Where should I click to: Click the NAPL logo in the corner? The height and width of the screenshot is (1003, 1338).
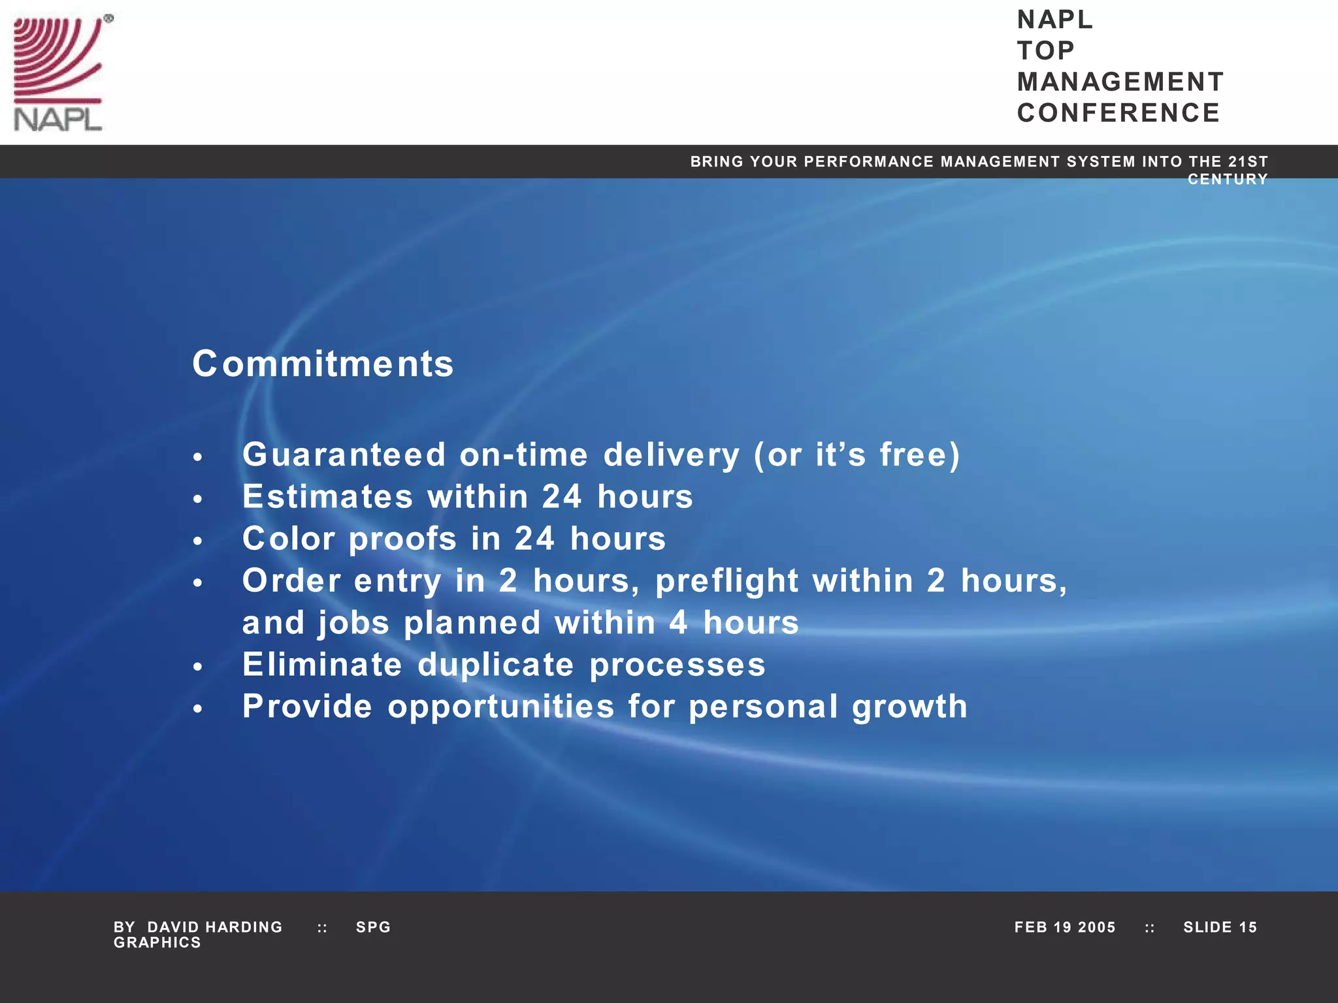tap(59, 73)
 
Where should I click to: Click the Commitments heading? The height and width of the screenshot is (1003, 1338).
tap(323, 364)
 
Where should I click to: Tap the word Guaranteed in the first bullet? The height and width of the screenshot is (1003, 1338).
tap(344, 454)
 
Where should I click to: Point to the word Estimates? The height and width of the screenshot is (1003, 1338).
tap(327, 496)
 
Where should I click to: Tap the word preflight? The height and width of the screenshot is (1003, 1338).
tap(726, 581)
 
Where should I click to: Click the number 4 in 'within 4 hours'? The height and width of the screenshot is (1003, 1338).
tap(678, 622)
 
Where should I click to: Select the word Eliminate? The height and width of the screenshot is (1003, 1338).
tap(322, 665)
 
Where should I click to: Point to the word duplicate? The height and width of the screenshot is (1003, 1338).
tap(496, 665)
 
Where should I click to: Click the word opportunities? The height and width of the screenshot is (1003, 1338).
tap(501, 707)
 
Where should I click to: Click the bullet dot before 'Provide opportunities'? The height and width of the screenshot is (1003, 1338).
tap(198, 708)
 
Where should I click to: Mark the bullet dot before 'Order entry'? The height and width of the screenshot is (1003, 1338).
tap(198, 582)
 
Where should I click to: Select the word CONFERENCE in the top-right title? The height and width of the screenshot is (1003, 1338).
tap(1118, 113)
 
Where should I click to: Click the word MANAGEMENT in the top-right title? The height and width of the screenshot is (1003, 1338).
tap(1120, 82)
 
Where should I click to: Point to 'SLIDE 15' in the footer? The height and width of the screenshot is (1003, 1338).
tap(1220, 927)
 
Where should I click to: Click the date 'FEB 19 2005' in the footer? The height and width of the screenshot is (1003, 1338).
tap(1064, 927)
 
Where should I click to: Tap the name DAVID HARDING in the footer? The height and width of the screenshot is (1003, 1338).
tap(215, 927)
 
